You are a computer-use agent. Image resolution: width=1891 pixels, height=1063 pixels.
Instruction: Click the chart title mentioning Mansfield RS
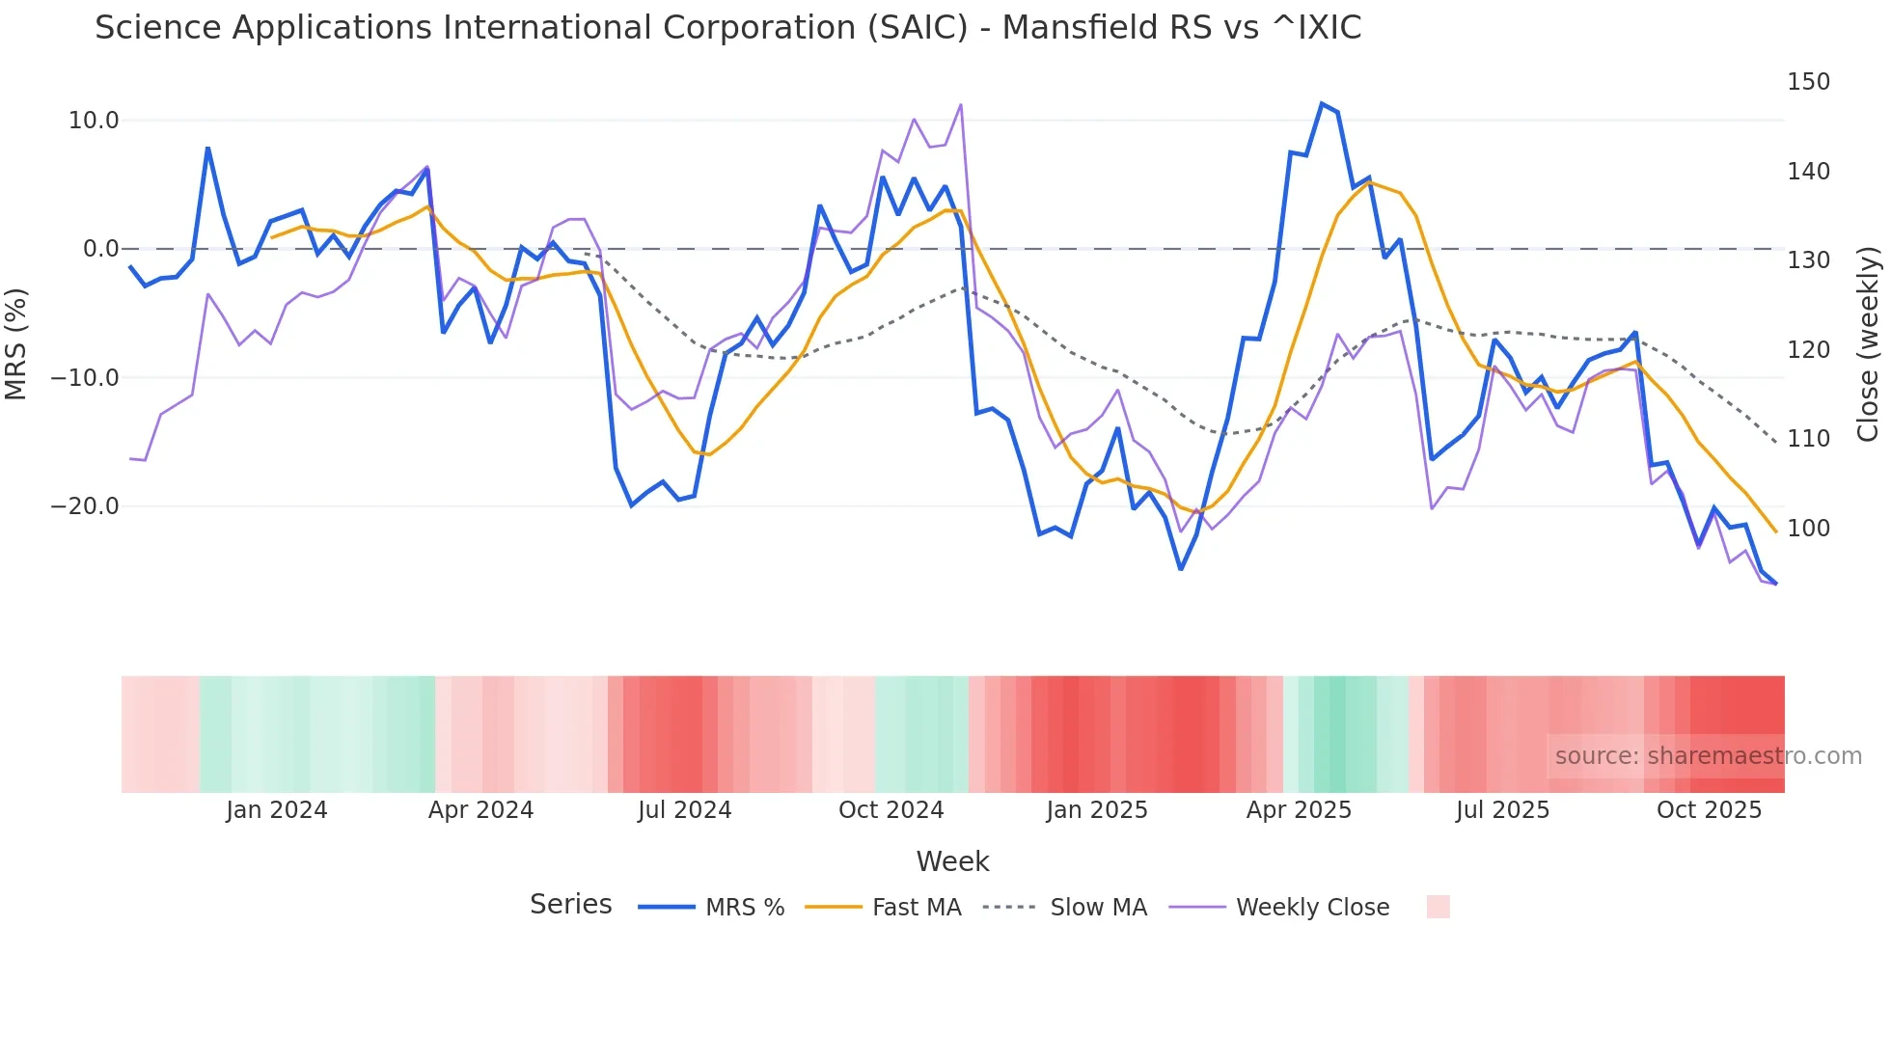coord(727,28)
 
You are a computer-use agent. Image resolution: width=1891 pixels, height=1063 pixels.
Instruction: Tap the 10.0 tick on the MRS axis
coord(94,121)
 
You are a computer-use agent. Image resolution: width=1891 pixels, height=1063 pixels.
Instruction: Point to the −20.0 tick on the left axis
coord(85,506)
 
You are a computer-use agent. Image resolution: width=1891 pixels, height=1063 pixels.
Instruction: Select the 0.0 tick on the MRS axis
coord(100,249)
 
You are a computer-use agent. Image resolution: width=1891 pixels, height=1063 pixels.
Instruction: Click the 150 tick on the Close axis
coord(1808,82)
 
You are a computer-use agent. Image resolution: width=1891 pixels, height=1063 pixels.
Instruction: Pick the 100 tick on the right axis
coord(1808,529)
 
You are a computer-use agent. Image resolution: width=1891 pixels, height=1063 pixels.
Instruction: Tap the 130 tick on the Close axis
coord(1808,260)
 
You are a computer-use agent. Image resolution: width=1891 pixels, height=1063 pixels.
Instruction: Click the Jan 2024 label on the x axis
coord(277,810)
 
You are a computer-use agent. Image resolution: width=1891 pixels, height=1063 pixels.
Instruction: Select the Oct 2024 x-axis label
coord(891,810)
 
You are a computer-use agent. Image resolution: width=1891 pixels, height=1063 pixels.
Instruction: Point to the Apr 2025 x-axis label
coord(1299,810)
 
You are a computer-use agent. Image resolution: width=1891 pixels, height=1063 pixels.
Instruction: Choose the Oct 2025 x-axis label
coord(1709,810)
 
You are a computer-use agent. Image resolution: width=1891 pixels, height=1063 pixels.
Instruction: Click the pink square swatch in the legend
coord(1438,907)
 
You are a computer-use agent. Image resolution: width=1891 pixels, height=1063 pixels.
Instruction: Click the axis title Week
coord(952,861)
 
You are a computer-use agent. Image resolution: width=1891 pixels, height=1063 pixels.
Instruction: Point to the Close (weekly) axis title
coord(1868,344)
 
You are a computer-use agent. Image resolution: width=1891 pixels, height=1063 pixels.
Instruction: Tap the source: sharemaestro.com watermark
coord(1708,756)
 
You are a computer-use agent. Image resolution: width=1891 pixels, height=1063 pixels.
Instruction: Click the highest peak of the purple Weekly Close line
coord(961,104)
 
